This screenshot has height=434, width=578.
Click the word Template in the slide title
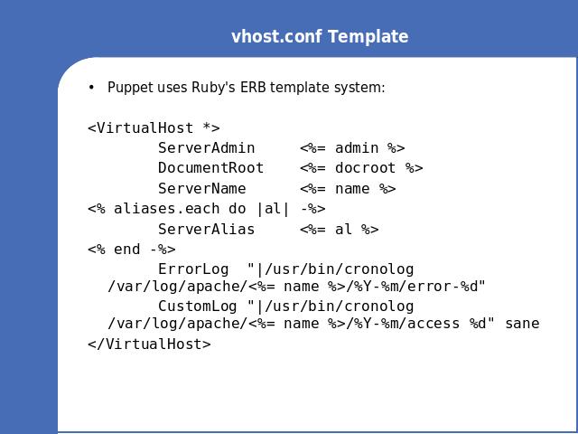point(368,36)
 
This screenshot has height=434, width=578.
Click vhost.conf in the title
point(276,36)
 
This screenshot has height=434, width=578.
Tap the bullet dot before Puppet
point(91,88)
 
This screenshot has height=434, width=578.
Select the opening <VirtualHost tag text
point(141,128)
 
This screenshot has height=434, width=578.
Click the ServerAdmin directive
point(207,148)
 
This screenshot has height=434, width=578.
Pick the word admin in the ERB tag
point(357,148)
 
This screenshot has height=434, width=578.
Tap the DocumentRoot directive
point(210,168)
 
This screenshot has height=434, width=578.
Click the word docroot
point(365,168)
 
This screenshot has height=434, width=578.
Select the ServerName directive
point(202,189)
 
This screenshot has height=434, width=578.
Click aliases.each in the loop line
point(166,209)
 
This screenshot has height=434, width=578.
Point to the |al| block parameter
point(273,209)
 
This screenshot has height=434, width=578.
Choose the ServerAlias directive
point(207,229)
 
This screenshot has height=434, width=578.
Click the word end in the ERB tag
point(127,250)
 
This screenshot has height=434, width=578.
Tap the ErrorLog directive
point(193,269)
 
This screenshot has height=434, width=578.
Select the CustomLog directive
point(198,306)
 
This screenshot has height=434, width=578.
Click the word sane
point(522,324)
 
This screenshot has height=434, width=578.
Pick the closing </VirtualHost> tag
point(149,344)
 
